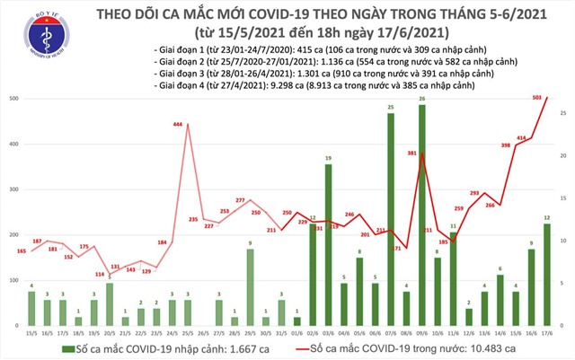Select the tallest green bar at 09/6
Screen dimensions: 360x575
coord(421,215)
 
